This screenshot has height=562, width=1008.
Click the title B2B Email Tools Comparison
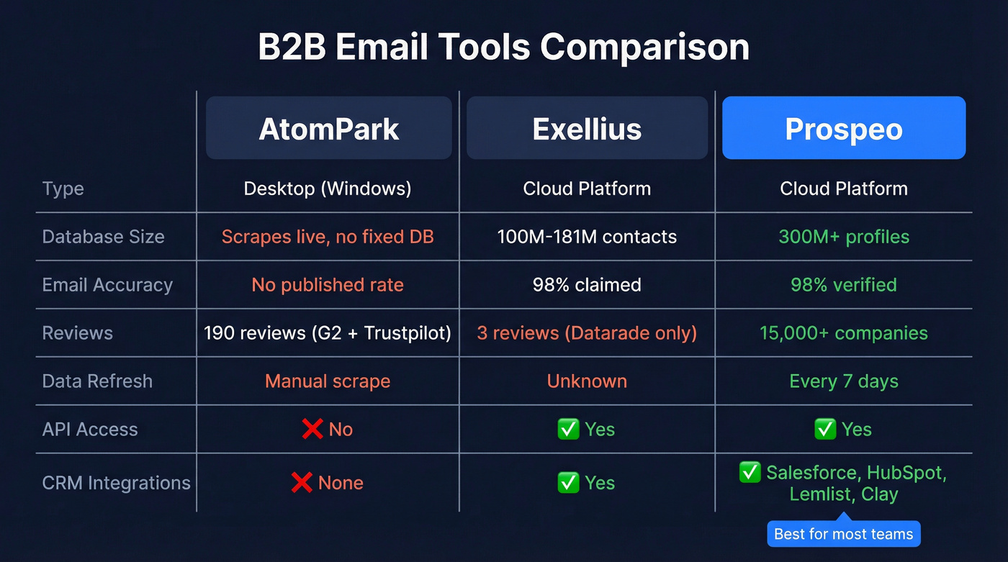click(x=503, y=47)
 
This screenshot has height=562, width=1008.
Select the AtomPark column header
click(x=329, y=129)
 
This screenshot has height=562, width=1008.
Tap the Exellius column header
click(x=587, y=129)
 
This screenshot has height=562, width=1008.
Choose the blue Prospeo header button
click(x=843, y=129)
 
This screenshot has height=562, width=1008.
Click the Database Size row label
click(x=103, y=237)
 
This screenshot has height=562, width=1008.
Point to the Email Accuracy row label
click(x=107, y=285)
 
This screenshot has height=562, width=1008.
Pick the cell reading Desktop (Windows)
click(x=328, y=189)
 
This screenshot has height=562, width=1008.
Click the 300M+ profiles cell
click(x=843, y=237)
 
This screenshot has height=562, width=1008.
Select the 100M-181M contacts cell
click(x=587, y=237)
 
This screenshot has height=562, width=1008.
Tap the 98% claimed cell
click(x=587, y=285)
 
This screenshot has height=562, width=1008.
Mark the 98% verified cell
click(x=843, y=285)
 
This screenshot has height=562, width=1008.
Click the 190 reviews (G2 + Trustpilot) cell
click(x=328, y=333)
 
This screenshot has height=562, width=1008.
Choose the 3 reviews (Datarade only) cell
click(x=587, y=333)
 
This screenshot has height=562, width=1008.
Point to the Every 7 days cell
click(x=843, y=381)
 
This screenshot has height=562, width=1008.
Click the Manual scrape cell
click(x=328, y=381)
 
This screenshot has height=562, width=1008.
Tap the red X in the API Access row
click(x=312, y=430)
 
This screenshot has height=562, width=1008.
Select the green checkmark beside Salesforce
click(x=750, y=473)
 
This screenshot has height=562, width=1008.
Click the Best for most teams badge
click(x=843, y=534)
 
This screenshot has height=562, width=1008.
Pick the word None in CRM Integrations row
click(x=341, y=483)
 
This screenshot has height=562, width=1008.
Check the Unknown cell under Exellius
click(x=587, y=381)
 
